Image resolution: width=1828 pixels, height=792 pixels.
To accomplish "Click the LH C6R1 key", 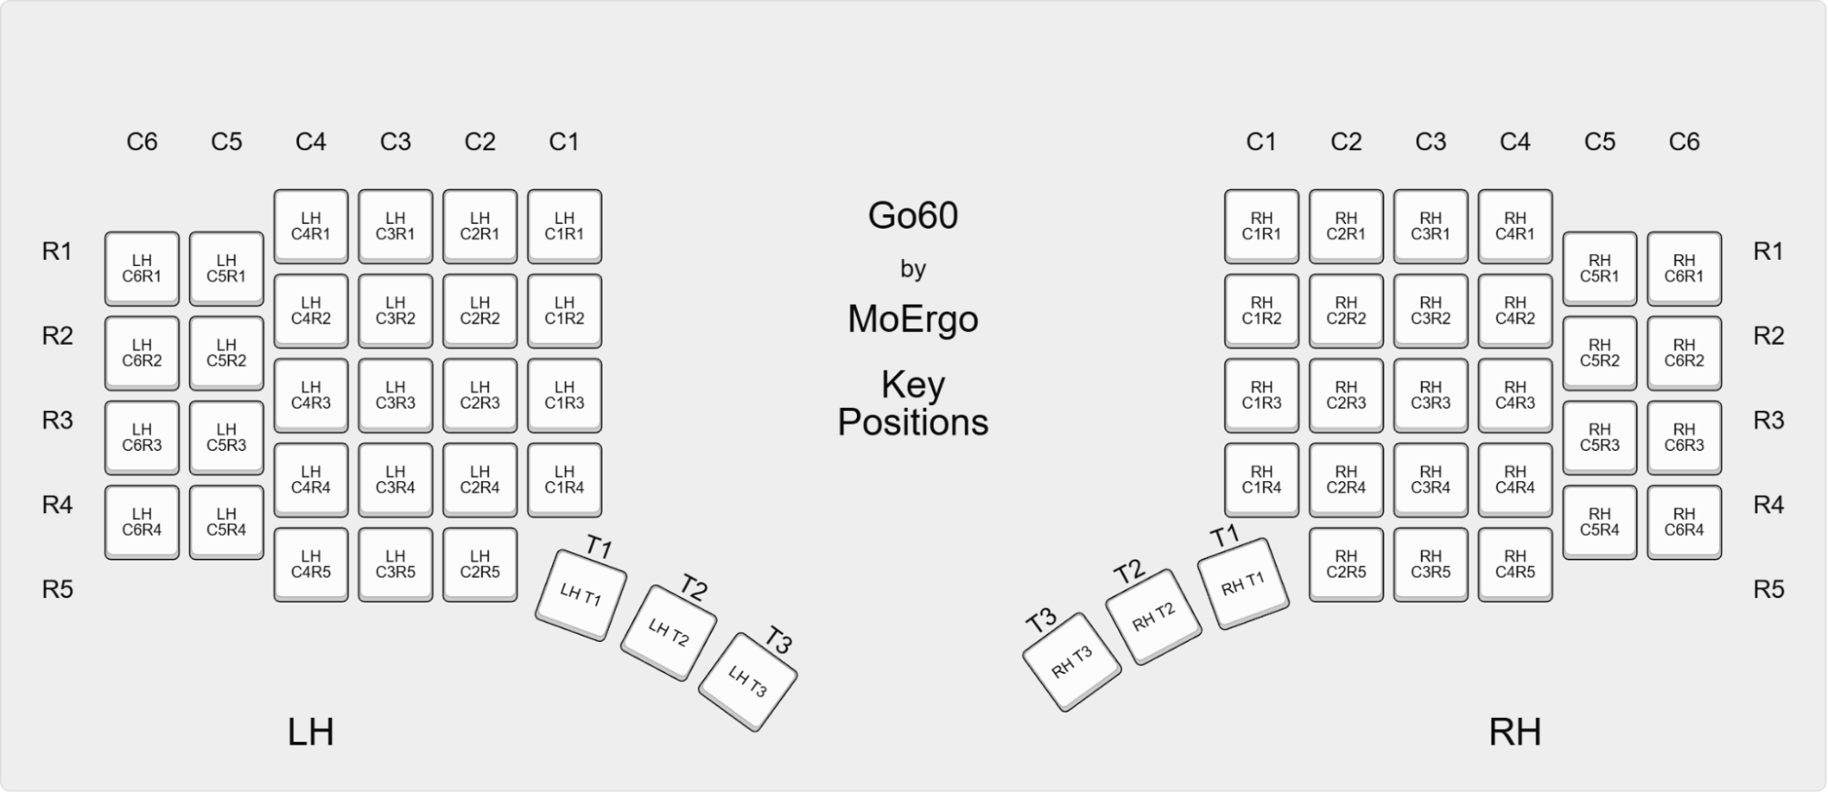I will click(x=142, y=268).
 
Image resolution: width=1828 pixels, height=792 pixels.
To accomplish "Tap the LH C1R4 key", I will click(x=564, y=479).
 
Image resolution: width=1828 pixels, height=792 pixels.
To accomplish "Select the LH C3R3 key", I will click(x=395, y=395).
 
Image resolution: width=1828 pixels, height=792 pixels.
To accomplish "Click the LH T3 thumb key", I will click(x=748, y=680).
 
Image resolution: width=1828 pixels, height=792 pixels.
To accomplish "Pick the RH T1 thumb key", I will click(x=1243, y=583).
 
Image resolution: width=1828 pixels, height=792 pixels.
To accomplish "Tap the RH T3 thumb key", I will click(x=1071, y=661).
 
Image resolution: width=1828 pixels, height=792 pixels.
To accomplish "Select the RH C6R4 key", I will click(x=1684, y=521).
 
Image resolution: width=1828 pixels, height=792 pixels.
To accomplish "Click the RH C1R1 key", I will click(x=1261, y=226).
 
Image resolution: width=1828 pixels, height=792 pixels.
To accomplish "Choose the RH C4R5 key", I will click(x=1514, y=563).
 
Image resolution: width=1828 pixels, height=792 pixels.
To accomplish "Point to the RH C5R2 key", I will click(x=1599, y=353).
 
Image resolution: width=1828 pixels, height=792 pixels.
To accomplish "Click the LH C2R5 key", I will click(x=479, y=563).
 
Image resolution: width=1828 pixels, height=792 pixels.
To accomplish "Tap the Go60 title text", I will click(x=913, y=216).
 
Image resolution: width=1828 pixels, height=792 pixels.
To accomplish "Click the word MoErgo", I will click(x=913, y=319).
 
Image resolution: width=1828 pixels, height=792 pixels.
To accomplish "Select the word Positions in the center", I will click(x=913, y=423).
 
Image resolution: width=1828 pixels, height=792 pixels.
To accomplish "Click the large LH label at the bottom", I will click(x=310, y=733).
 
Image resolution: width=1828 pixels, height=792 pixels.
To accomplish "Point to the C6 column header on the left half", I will click(x=142, y=142).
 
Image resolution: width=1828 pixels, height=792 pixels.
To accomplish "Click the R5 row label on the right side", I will click(x=1768, y=589).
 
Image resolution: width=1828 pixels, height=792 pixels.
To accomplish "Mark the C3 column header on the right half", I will click(x=1430, y=142).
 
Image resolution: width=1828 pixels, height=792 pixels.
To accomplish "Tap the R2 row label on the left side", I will click(x=57, y=336).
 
